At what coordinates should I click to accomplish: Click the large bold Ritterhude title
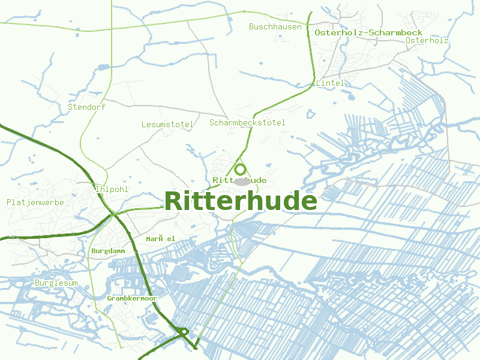240,202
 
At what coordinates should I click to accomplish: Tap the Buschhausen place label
275,26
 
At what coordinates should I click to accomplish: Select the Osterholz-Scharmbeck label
368,32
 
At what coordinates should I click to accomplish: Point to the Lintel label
331,83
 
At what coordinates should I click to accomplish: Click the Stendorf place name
86,107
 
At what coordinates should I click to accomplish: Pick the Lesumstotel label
167,125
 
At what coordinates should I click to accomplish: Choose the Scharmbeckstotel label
247,122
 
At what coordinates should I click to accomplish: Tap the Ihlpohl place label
112,190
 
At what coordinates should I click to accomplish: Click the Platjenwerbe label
35,202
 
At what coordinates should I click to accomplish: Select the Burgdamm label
107,250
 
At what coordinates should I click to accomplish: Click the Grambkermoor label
131,298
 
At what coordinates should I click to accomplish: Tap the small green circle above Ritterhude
240,170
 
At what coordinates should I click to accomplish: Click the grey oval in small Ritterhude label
241,181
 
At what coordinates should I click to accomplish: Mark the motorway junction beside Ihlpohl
113,213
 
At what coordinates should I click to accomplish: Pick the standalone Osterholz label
427,40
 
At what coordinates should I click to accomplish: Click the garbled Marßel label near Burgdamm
160,239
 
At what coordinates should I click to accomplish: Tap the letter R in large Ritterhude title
173,202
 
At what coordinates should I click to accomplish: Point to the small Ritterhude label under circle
239,180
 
